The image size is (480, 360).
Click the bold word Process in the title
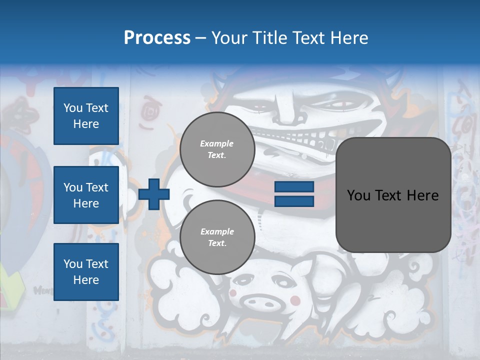(x=157, y=38)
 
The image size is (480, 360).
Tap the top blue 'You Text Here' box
(x=86, y=116)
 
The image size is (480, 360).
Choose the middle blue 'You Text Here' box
(x=86, y=195)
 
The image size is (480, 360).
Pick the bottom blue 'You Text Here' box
(x=86, y=272)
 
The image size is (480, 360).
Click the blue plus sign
(x=154, y=194)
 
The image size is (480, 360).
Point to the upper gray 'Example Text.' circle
(x=217, y=149)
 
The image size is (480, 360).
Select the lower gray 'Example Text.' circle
(x=217, y=237)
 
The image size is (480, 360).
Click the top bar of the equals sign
(x=294, y=187)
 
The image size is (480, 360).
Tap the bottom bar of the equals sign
(x=294, y=201)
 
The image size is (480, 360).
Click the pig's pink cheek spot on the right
(x=296, y=300)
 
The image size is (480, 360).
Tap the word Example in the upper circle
(x=217, y=144)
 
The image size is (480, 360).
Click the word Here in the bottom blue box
(x=86, y=280)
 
